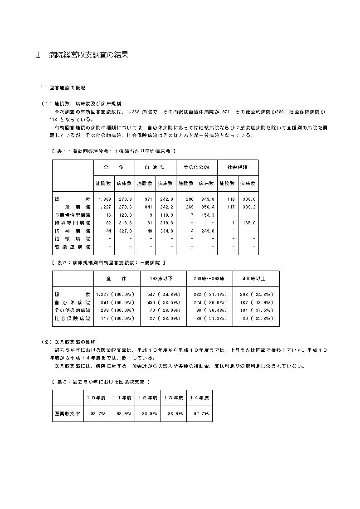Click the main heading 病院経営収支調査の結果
88,55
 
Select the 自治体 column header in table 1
154,167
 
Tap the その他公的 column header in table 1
196,167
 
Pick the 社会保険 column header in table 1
238,167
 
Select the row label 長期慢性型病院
72,215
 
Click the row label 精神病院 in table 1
72,231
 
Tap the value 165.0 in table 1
248,223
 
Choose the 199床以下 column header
163,278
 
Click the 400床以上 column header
256,278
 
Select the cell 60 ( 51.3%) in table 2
209,319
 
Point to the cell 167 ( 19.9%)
256,302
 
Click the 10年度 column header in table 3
96,398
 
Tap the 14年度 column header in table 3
199,398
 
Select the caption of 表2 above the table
109,262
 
